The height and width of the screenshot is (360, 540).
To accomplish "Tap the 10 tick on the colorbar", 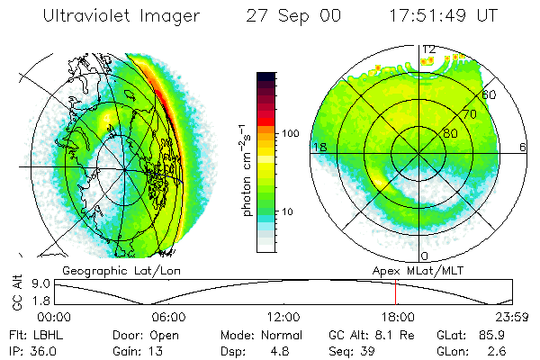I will (x=291, y=211).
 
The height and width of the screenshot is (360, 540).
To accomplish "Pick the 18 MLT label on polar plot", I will (x=319, y=147).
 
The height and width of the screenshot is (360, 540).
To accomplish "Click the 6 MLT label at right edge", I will (x=523, y=147).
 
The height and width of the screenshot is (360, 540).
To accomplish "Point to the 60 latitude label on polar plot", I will (x=490, y=94).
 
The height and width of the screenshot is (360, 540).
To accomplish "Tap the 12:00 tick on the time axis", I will (x=283, y=316).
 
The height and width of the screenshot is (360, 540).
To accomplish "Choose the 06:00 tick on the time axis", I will (x=169, y=316).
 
